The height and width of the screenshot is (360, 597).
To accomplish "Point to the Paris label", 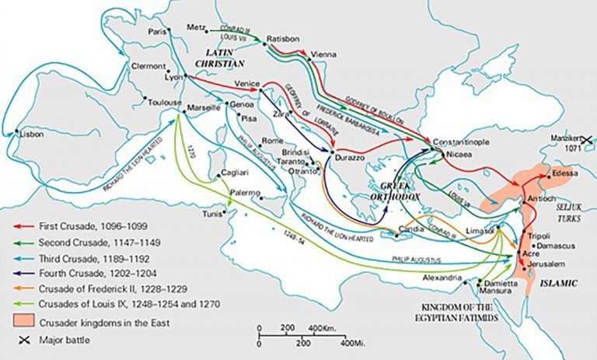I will tap(159, 32).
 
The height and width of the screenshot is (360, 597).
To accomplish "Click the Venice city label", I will tap(246, 82).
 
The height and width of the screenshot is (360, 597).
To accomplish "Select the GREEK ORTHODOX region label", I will tap(400, 191).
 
